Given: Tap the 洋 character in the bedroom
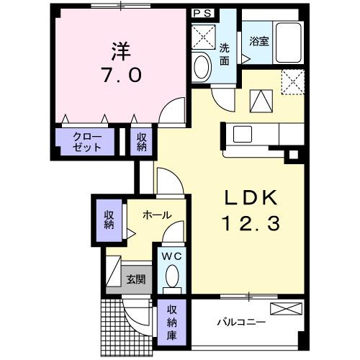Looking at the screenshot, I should click(121, 51).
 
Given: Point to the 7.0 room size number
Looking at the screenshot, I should click(121, 75).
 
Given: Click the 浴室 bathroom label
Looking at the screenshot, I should click(259, 41).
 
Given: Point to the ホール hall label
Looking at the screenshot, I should click(156, 215).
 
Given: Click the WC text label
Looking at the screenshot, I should click(172, 256).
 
